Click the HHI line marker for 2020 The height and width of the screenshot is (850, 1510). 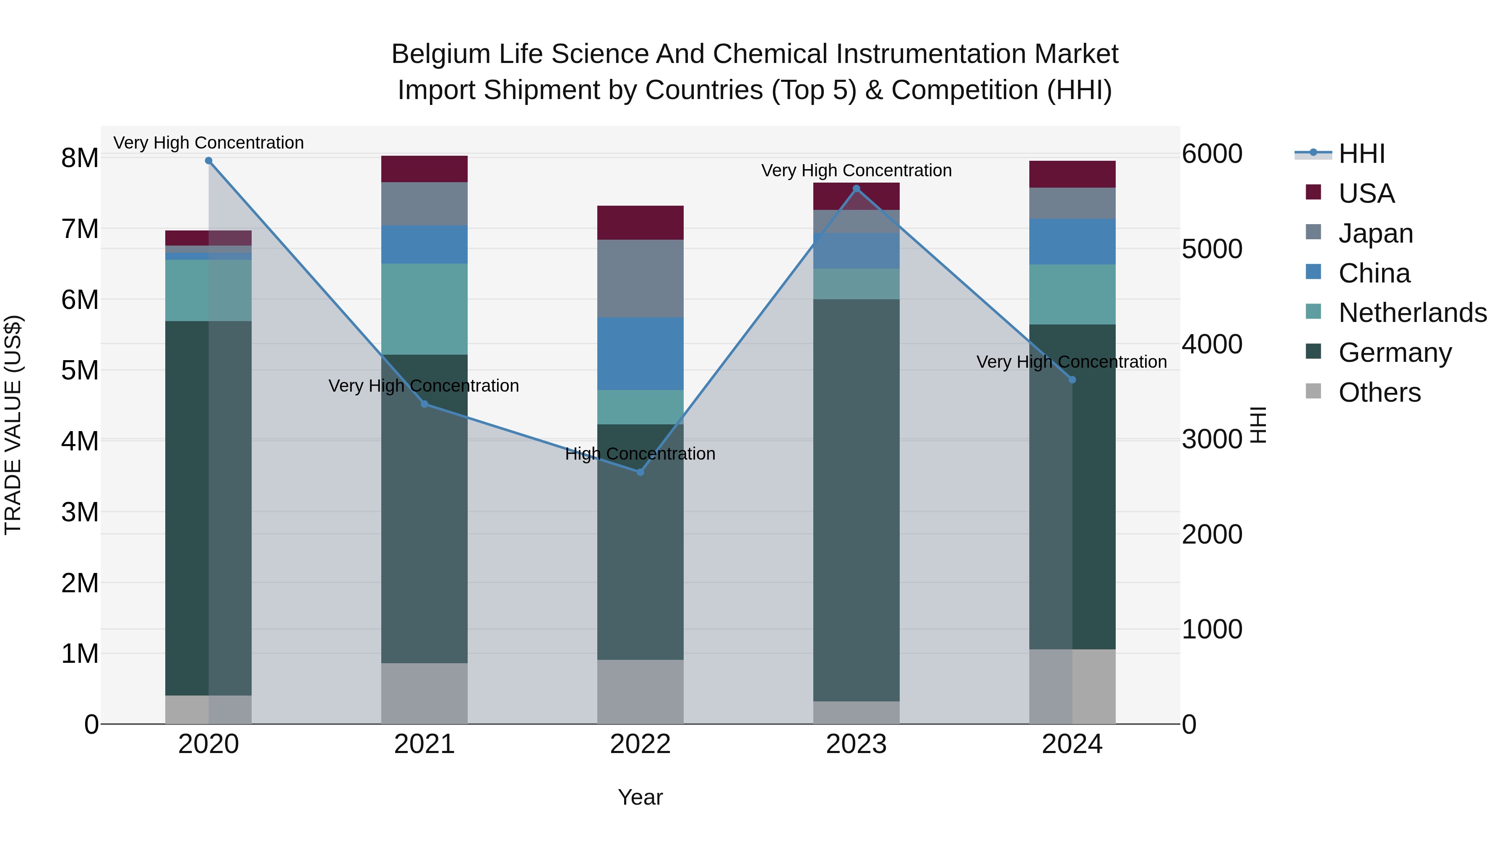tap(209, 161)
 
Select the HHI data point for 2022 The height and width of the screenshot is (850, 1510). tap(640, 472)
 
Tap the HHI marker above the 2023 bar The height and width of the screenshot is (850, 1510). tap(857, 189)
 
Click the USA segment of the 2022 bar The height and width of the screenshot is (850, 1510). tap(640, 223)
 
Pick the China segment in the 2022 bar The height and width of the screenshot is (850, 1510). tap(640, 354)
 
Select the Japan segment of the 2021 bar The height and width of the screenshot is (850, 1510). tap(424, 204)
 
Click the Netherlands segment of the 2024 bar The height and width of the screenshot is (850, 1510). tap(1072, 295)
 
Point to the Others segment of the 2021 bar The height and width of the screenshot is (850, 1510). tap(424, 693)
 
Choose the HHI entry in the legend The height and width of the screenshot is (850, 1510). tap(1361, 154)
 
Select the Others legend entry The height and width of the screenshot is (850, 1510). tap(1379, 392)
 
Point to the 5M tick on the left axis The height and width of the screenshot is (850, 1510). tap(80, 370)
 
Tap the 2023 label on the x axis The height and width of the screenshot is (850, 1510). tap(857, 744)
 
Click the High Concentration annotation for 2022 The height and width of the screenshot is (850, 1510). tap(640, 454)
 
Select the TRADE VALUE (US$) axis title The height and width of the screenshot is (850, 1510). tap(13, 425)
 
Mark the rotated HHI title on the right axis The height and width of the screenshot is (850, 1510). tap(1258, 425)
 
